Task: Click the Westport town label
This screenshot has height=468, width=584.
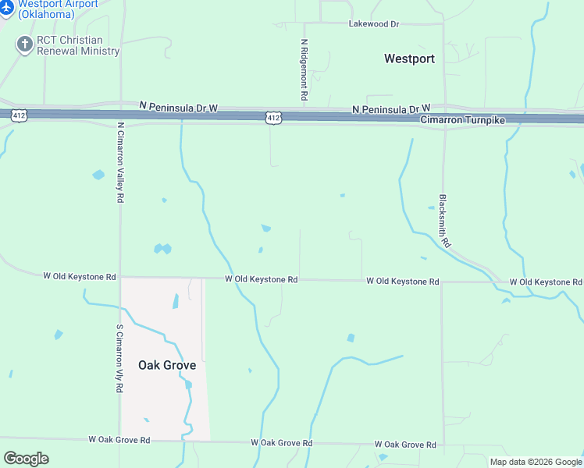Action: point(409,58)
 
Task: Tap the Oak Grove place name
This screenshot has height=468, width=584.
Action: point(167,364)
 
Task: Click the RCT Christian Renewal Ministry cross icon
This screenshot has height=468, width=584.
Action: point(24,44)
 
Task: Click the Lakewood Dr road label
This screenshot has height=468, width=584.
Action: point(373,24)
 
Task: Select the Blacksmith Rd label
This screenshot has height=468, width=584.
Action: point(443,221)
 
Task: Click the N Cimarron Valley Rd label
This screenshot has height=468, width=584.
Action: point(120,162)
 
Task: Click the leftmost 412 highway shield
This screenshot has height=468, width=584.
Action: point(20,115)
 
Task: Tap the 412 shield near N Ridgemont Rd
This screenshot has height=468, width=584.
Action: point(272,117)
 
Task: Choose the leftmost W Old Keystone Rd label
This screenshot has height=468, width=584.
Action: point(79,277)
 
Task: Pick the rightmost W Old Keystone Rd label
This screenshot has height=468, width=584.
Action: point(546,282)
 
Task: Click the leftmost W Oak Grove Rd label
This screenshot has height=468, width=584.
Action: point(119,440)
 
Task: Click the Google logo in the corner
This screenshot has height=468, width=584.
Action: point(26,459)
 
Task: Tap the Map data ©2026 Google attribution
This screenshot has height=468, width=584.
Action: point(536,462)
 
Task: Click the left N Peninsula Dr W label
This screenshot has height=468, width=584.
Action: point(179,105)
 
